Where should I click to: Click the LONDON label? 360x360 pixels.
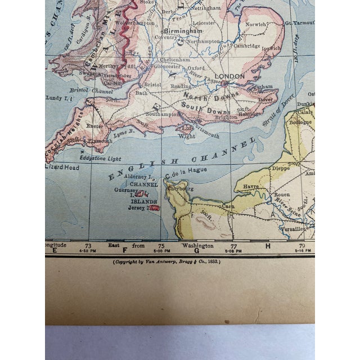233,76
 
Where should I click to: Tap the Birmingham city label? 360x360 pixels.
182,31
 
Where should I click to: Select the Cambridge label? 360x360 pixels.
247,46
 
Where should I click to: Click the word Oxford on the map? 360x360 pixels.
196,67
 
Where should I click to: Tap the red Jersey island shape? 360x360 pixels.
154,208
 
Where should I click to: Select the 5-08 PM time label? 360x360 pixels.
234,251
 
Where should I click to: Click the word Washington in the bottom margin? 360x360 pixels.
197,246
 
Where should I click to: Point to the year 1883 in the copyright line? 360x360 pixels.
212,262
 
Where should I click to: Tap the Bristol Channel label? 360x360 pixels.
87,89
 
